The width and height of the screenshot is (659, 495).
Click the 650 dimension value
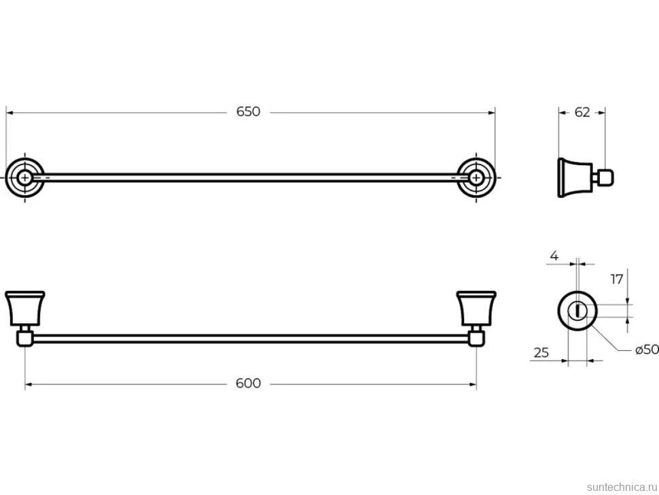(x=248, y=112)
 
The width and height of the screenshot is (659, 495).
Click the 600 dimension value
(x=248, y=383)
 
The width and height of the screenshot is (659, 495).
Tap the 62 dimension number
(x=582, y=112)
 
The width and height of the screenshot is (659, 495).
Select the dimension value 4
(x=554, y=256)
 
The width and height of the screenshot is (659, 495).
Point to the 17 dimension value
(x=617, y=279)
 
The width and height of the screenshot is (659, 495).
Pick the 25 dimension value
(x=541, y=352)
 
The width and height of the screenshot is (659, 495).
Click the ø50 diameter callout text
(x=647, y=349)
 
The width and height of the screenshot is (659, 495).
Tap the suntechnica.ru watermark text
(x=622, y=487)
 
